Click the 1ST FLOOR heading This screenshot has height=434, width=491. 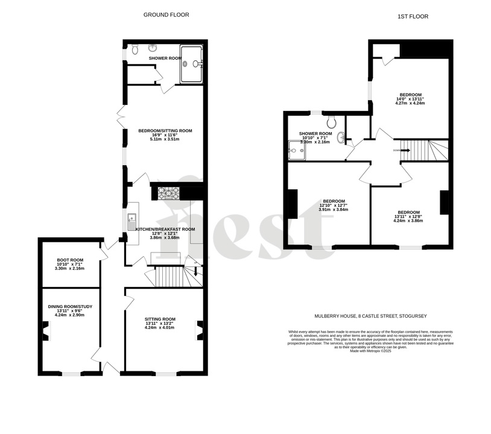tap(413, 16)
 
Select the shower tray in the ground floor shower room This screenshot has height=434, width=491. tap(191, 63)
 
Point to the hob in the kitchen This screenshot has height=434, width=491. tap(169, 193)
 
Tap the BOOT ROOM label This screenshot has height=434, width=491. tap(70, 260)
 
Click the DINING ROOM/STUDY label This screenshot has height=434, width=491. tap(70, 306)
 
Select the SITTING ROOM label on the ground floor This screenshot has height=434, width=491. tap(160, 319)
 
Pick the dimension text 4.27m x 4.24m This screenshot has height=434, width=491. tap(410, 103)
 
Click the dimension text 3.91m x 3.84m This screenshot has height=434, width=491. tap(334, 210)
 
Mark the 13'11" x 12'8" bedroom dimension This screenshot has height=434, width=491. tap(408, 216)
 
